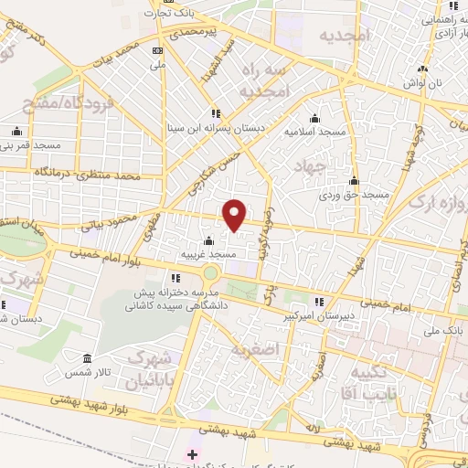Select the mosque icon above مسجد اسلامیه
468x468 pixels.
click(x=314, y=118)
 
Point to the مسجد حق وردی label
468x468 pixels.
click(x=354, y=195)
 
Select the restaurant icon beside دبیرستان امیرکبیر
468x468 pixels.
click(x=318, y=301)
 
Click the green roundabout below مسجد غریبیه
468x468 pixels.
click(x=212, y=272)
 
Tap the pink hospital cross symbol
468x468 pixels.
click(x=191, y=453)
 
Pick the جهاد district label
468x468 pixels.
click(x=310, y=165)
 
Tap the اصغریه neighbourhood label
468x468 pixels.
click(x=253, y=349)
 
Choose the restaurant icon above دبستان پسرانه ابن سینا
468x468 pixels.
click(x=214, y=113)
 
